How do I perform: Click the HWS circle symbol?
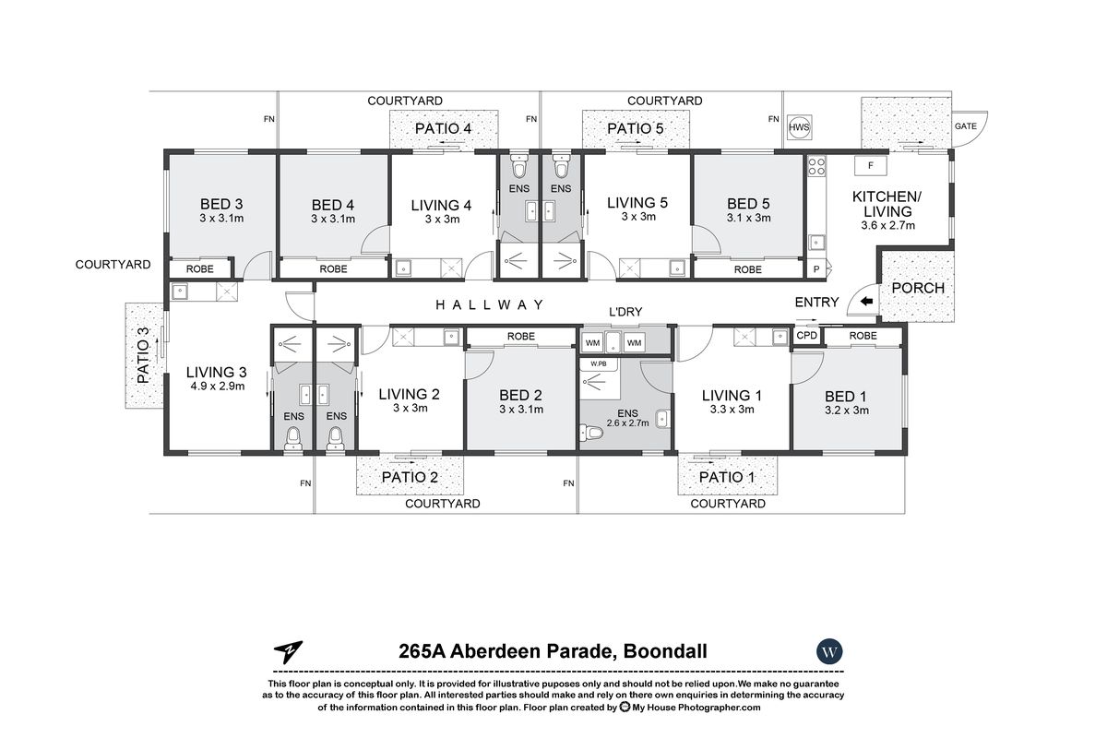pos(799,127)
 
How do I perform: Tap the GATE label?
pos(965,126)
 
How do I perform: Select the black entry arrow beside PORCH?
pos(867,301)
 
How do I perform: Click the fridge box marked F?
pos(870,166)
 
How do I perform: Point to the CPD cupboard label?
pos(806,336)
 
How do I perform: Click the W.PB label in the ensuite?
pos(598,363)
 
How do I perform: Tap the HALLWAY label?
pos(489,305)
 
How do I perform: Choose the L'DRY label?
pos(625,312)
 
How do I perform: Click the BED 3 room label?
pos(221,204)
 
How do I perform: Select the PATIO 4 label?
pos(443,128)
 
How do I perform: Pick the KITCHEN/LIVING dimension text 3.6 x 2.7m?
pos(887,225)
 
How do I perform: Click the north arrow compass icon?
pos(288,652)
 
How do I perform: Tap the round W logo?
pos(829,651)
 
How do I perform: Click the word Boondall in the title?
pos(665,651)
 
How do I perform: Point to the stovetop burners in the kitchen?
pos(816,167)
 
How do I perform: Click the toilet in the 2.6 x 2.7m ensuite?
pos(591,433)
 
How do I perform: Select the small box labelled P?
pos(816,269)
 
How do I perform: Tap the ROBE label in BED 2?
pos(521,336)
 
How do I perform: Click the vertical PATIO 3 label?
pos(143,355)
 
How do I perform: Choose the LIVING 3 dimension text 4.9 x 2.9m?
pos(218,386)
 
